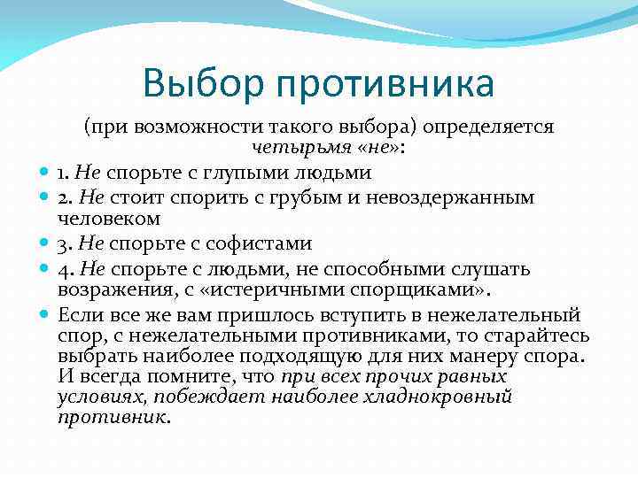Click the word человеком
click(x=109, y=217)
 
